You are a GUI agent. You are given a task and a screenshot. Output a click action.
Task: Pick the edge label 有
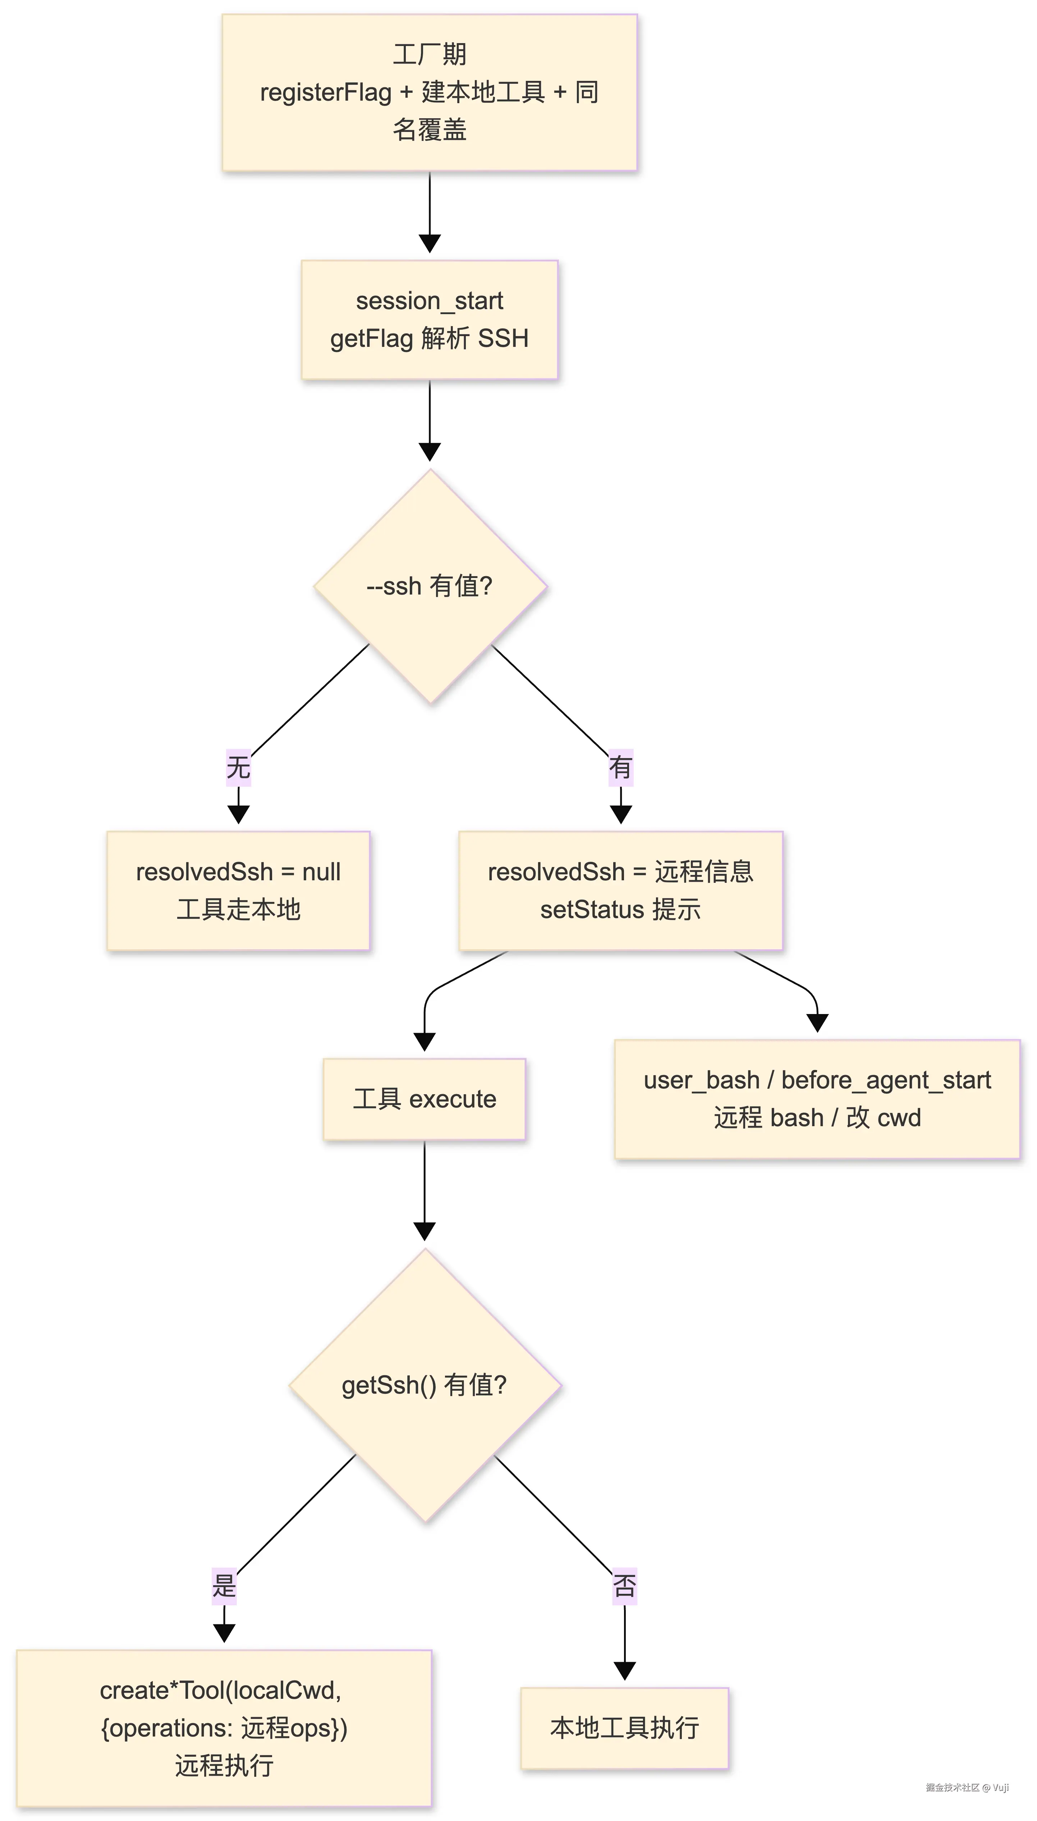[621, 768]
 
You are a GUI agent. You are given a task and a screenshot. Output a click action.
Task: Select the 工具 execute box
[425, 1099]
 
